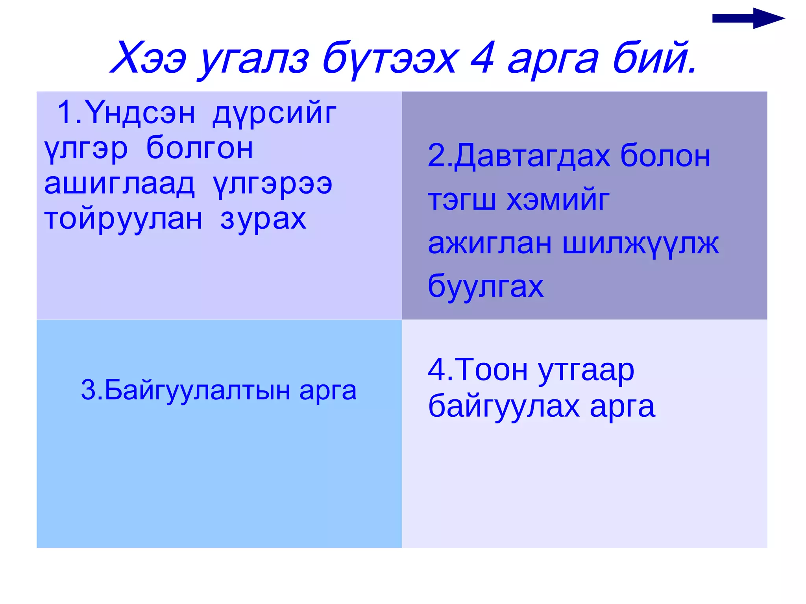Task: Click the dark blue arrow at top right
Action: pyautogui.click(x=748, y=18)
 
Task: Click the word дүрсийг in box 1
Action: pyautogui.click(x=274, y=114)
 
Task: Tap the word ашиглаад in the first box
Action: pyautogui.click(x=119, y=184)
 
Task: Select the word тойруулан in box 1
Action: pyautogui.click(x=123, y=220)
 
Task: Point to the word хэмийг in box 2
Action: pyautogui.click(x=558, y=200)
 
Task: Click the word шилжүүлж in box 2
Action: pyautogui.click(x=640, y=244)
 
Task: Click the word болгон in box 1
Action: pyautogui.click(x=200, y=149)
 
